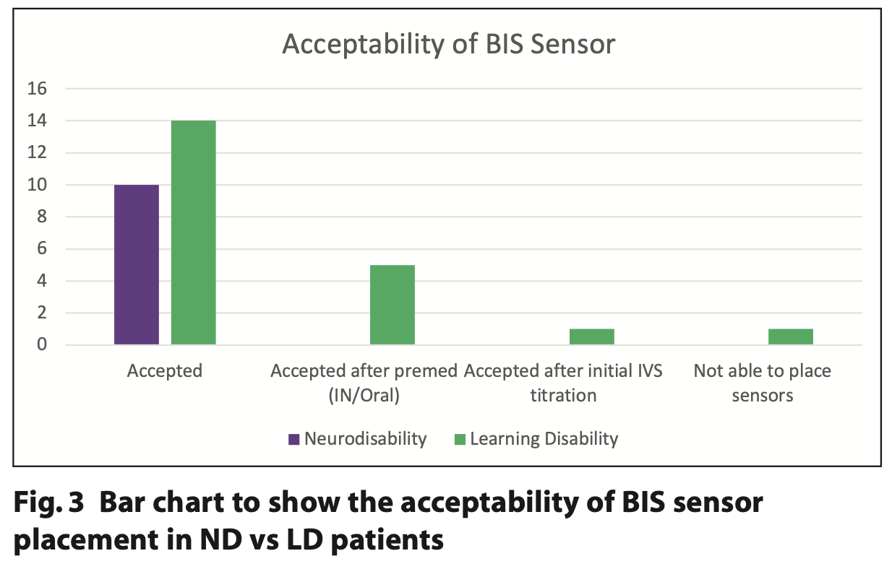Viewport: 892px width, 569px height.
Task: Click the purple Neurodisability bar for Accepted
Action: pos(137,264)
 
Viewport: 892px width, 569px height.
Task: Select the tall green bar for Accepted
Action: pos(194,233)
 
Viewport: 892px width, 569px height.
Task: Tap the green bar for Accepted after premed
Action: pos(393,305)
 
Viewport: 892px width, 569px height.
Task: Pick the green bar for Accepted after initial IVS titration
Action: pos(592,336)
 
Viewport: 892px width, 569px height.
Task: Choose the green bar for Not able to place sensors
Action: pos(791,336)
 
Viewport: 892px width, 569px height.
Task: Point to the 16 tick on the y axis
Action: pos(37,88)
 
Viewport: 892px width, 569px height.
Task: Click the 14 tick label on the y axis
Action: pos(37,121)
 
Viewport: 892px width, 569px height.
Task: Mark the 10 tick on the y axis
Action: pos(37,185)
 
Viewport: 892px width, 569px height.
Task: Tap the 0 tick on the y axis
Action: pos(42,344)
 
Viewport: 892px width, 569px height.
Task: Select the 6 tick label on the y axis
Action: pos(42,248)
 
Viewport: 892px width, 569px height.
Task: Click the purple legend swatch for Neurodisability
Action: pos(294,439)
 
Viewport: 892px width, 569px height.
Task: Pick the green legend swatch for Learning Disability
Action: pos(460,439)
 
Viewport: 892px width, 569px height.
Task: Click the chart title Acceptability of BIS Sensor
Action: pos(449,45)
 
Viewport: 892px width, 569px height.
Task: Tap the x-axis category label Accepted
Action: pos(165,371)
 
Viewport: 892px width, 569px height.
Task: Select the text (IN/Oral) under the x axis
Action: pos(364,396)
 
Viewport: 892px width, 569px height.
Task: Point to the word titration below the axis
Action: pos(564,396)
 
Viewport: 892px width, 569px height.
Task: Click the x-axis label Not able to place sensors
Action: pos(763,383)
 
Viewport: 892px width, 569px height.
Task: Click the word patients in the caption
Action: pos(387,540)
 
